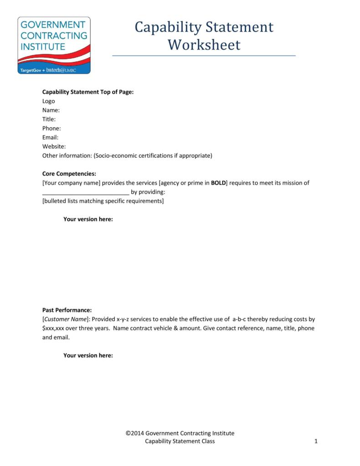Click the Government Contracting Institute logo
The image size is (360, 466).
(54, 45)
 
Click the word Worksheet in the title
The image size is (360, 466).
(204, 45)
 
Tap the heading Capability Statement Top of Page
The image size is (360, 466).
(88, 92)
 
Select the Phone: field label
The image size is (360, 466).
(51, 128)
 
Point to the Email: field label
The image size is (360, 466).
(50, 137)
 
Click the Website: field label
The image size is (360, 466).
(54, 146)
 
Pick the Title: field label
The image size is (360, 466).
(49, 119)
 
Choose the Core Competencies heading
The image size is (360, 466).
(69, 174)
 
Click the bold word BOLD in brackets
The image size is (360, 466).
(218, 183)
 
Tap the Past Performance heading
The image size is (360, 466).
(67, 310)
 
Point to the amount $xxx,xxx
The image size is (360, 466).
(52, 328)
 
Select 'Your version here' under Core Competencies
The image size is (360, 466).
(88, 219)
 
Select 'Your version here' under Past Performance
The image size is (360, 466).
(88, 356)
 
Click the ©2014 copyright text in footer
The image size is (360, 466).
(180, 433)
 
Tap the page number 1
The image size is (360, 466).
(316, 441)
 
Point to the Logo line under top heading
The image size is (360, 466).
(48, 101)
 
